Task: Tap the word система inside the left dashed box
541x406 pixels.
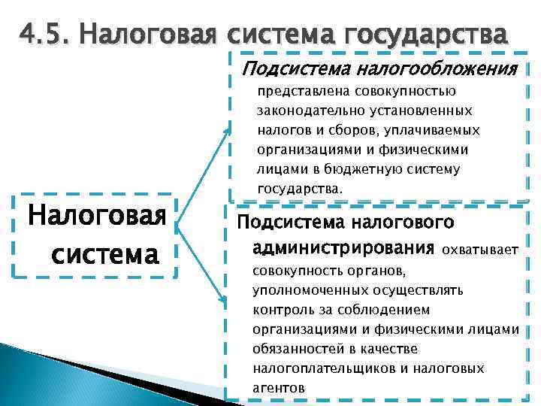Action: coord(105,254)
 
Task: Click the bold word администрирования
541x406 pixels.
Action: coord(344,248)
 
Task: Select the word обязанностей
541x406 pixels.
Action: coord(297,349)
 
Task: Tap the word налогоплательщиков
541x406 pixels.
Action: coord(319,368)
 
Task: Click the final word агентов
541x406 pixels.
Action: coord(279,388)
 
